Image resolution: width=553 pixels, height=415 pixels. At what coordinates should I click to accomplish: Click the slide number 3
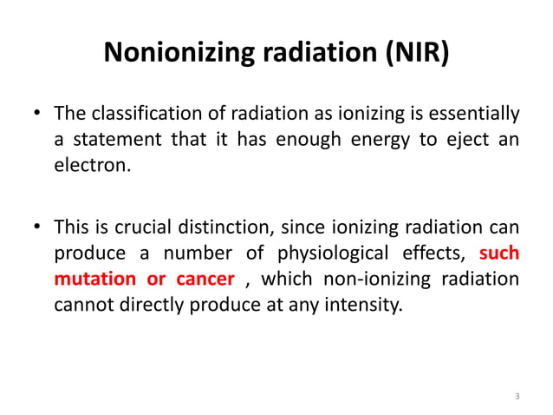tap(517, 397)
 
